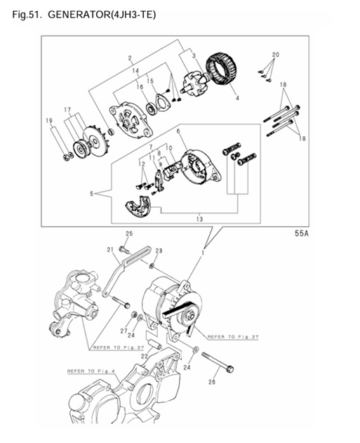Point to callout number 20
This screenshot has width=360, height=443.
point(275,55)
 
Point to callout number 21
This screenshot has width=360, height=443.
point(110,249)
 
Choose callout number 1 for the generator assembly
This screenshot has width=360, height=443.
point(204,251)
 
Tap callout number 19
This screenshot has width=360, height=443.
point(49,121)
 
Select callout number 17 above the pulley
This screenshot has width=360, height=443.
point(68,110)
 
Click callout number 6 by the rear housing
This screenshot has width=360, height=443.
point(178,131)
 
